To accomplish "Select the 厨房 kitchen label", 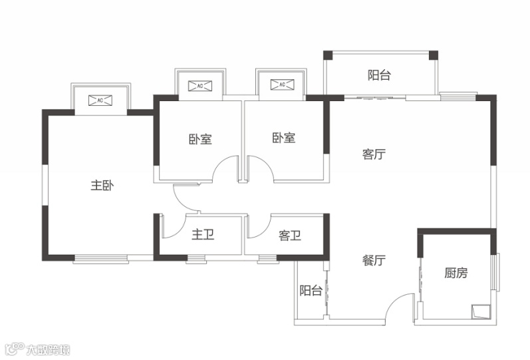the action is click(x=456, y=273).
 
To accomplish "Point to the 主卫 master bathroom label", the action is click(x=203, y=235).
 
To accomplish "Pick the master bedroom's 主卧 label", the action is click(x=102, y=186).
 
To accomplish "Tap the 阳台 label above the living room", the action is click(x=379, y=75).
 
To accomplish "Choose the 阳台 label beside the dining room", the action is click(x=311, y=290).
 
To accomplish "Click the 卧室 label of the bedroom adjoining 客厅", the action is click(x=284, y=138).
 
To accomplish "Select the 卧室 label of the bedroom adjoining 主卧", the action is click(x=200, y=139).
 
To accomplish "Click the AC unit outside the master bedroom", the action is click(x=101, y=100).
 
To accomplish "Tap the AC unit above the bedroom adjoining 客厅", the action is click(x=281, y=85).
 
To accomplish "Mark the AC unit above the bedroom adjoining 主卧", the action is click(x=200, y=86).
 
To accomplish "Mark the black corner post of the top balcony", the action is click(x=433, y=55).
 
